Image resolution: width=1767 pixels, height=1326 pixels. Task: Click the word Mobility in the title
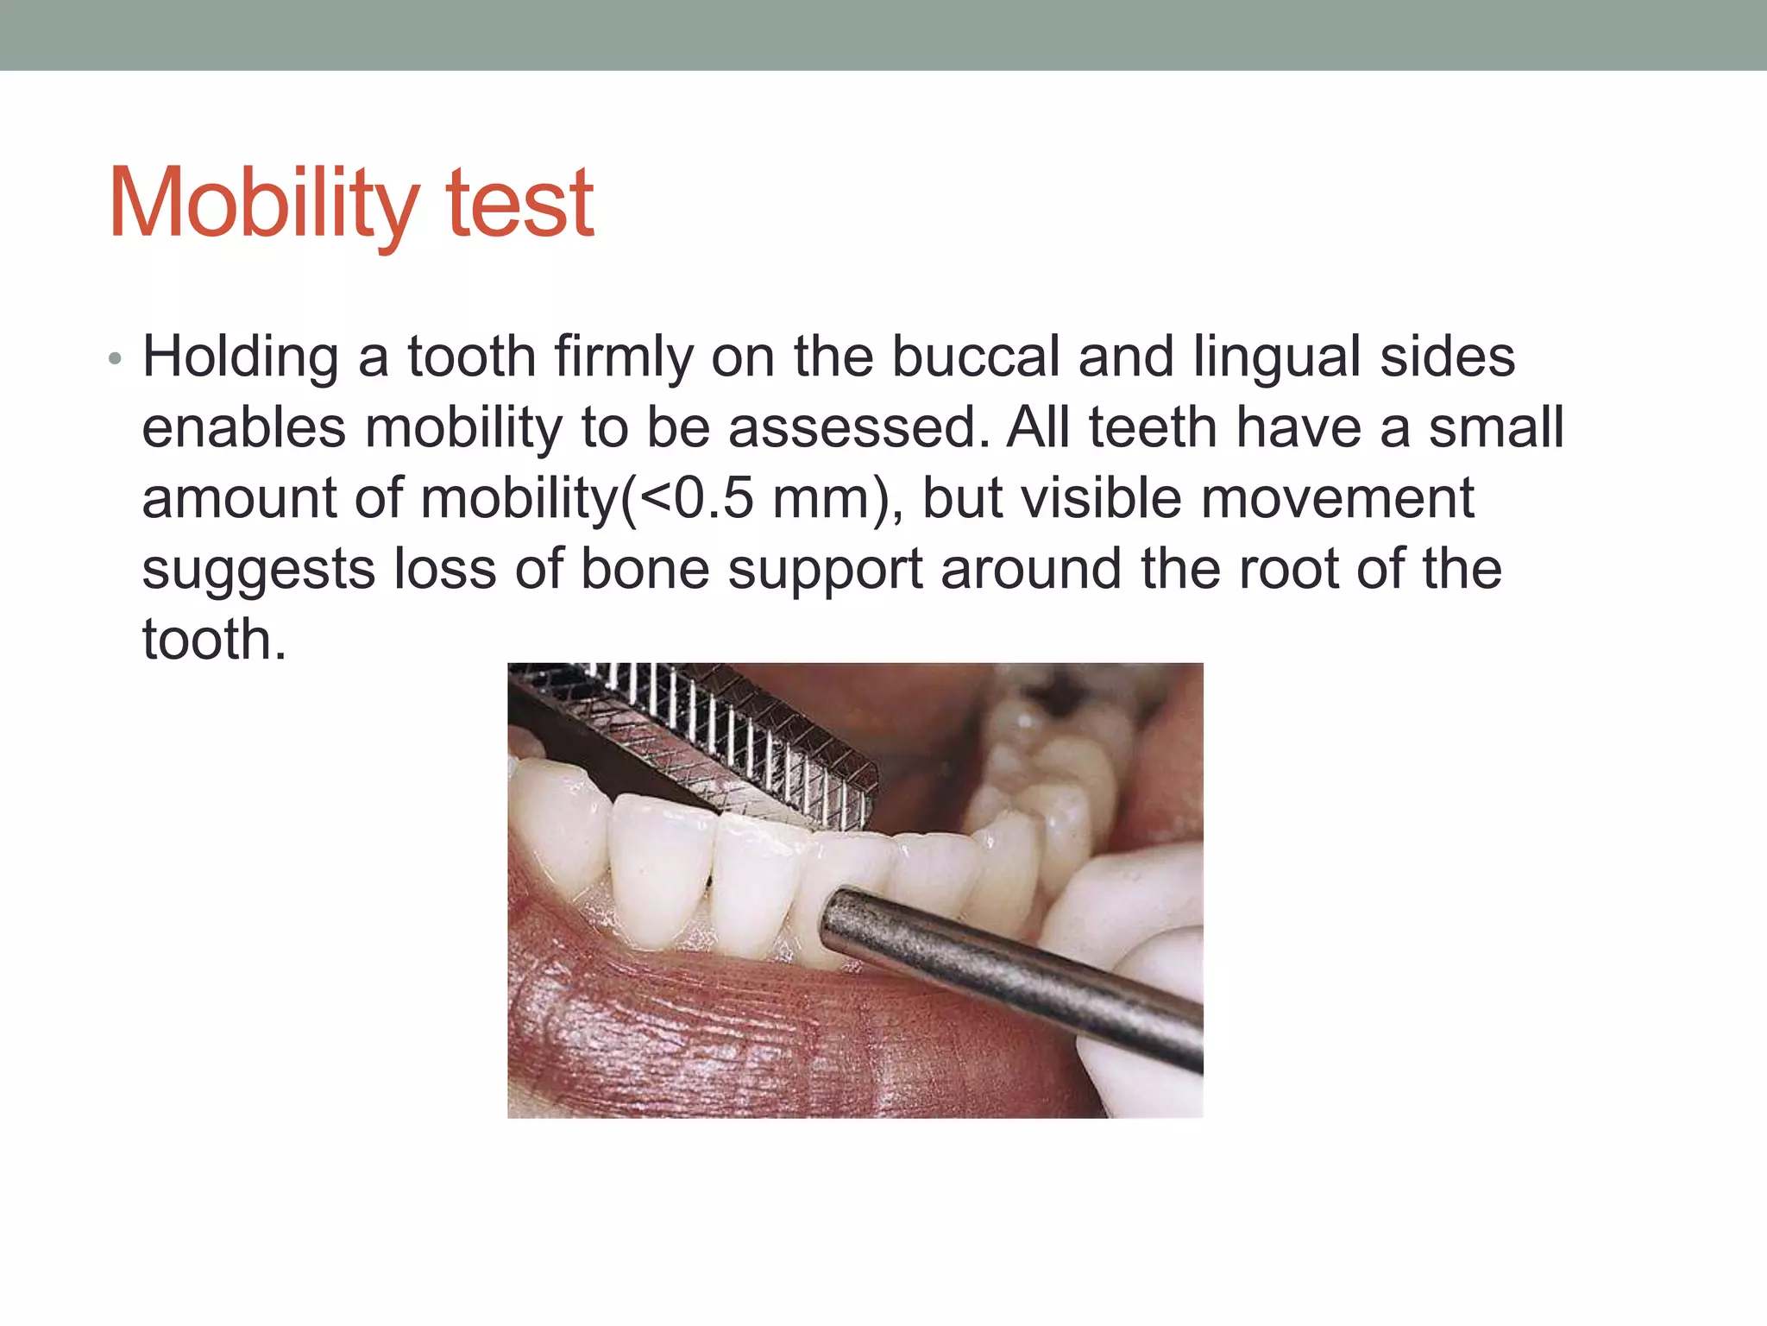click(263, 205)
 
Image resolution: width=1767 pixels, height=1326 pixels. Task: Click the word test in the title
click(519, 205)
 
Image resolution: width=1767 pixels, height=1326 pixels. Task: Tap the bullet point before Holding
click(115, 358)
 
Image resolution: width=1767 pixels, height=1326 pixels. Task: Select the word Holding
click(241, 358)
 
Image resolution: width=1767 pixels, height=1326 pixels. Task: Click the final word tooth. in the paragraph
click(213, 641)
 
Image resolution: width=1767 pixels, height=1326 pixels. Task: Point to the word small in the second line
click(1495, 428)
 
